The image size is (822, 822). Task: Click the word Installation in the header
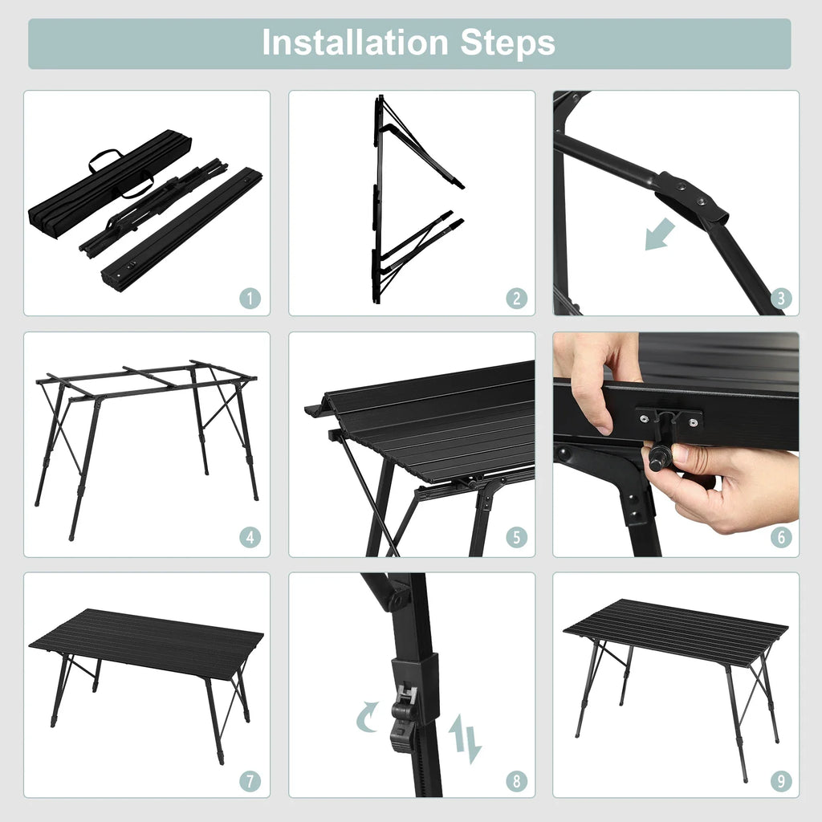point(355,43)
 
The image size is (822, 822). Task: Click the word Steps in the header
point(507,43)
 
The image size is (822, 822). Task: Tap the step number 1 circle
point(250,299)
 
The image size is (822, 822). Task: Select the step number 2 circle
point(516,299)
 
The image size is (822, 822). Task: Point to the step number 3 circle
point(781,299)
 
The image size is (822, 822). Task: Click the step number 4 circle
point(250,537)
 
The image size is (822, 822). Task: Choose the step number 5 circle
point(516,537)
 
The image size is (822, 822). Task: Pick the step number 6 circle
point(781,537)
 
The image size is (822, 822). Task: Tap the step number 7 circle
point(250,782)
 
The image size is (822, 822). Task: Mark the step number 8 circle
point(516,782)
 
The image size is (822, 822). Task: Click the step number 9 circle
point(781,782)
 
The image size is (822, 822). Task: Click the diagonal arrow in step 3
point(660,234)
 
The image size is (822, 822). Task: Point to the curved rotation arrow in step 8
point(366,717)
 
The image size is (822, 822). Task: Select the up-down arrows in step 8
point(465,739)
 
